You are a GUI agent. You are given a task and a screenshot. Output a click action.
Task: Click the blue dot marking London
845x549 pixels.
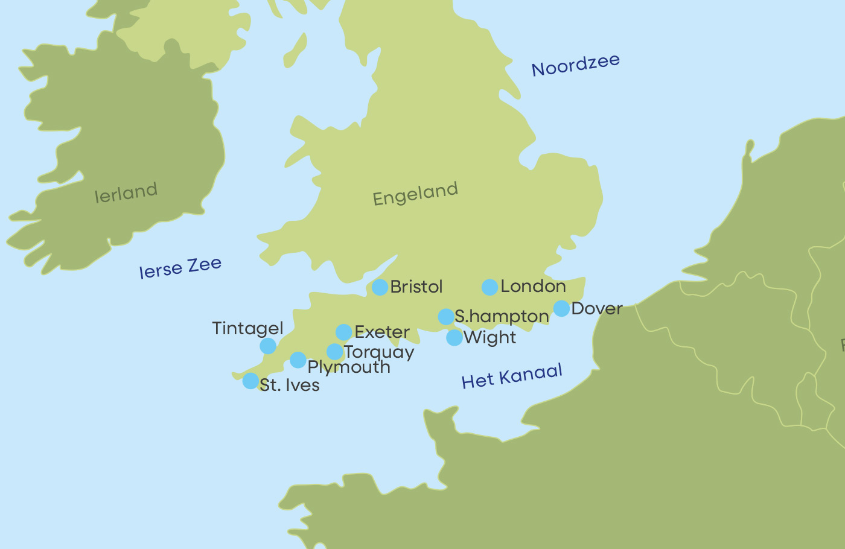coord(489,287)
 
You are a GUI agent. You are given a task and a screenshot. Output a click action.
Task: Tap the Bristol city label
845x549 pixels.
coord(416,287)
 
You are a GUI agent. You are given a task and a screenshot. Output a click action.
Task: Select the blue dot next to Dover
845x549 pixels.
coord(561,308)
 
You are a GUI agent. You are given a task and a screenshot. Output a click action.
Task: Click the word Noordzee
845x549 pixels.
coord(575,65)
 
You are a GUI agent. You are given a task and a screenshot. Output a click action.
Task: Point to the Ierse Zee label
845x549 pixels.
coord(180,268)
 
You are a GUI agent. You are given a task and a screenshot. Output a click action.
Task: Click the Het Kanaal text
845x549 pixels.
coord(512,376)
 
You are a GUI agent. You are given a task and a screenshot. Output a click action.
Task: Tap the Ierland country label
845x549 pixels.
coord(126,193)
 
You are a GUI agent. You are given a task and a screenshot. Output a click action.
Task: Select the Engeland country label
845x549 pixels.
coord(415,194)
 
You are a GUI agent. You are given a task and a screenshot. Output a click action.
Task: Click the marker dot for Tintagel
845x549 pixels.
coord(268,346)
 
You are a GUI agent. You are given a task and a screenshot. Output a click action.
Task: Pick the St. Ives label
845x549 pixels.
coord(290,385)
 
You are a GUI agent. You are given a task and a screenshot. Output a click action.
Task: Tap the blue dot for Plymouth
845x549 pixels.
coord(298,360)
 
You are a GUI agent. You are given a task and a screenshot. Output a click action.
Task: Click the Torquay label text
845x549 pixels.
coord(379,352)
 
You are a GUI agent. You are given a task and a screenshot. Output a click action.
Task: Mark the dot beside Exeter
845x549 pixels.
coord(343,332)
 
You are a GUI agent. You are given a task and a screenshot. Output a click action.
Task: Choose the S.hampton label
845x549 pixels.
coord(502,317)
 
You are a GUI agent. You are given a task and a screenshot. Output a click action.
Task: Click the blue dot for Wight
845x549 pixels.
coord(454,338)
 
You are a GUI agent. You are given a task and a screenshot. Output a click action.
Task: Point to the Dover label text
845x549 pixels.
coord(597,308)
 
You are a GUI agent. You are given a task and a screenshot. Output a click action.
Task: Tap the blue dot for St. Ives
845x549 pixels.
coord(250,381)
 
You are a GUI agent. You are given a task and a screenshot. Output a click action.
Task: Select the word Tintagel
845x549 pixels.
coord(247,329)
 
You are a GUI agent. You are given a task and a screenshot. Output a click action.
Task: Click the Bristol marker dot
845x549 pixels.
coord(380,287)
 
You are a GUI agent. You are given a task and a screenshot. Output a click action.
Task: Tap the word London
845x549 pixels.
coord(533,287)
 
